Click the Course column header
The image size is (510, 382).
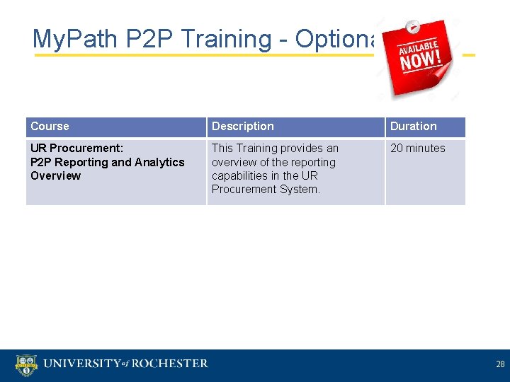(x=50, y=127)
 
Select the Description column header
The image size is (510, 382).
(x=242, y=127)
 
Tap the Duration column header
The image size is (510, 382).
(x=413, y=127)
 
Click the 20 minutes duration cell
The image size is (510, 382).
(x=417, y=149)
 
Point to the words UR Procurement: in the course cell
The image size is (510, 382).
(x=76, y=149)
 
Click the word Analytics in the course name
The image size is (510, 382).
(x=159, y=162)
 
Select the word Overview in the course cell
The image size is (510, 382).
(x=55, y=175)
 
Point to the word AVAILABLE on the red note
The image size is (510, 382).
(x=418, y=45)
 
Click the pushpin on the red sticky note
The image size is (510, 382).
(x=414, y=28)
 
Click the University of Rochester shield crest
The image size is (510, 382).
(x=25, y=364)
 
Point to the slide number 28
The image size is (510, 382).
(x=500, y=364)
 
